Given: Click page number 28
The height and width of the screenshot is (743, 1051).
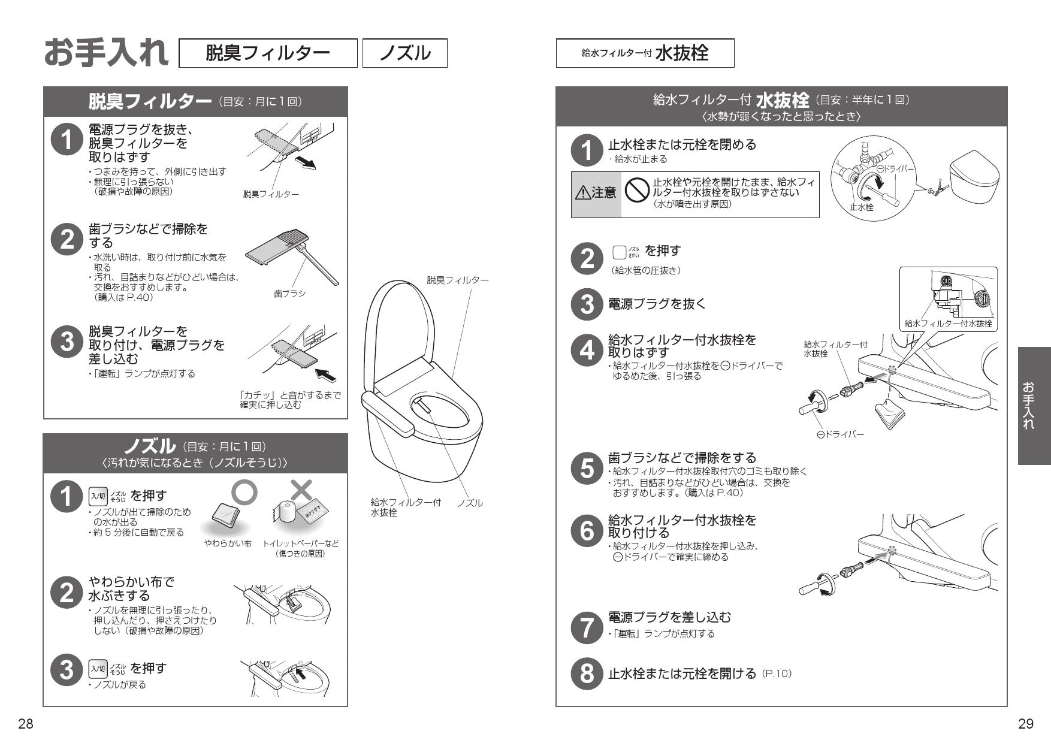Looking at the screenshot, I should click(25, 724).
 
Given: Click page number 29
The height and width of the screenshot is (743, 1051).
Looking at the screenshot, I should click(1025, 724).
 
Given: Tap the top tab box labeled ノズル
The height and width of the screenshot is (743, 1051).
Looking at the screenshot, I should click(405, 53).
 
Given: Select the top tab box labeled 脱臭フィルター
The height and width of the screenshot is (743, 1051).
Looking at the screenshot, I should click(268, 53).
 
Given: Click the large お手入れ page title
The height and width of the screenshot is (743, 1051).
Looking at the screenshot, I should click(107, 53).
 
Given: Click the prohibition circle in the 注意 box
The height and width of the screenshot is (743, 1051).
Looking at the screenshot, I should click(636, 191).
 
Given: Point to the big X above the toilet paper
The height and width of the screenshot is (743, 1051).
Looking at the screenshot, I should click(301, 490).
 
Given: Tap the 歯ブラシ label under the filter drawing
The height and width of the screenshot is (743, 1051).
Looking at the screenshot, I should click(290, 294).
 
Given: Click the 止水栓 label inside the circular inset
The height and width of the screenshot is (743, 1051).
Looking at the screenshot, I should click(862, 207).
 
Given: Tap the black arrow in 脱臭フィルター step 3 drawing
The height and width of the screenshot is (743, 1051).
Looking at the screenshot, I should click(326, 376).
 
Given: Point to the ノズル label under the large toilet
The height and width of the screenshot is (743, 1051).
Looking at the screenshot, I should click(470, 503).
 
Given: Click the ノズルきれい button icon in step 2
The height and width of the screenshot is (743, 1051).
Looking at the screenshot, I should click(620, 252).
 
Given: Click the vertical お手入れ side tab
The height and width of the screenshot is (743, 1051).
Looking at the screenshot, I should click(1034, 406).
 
